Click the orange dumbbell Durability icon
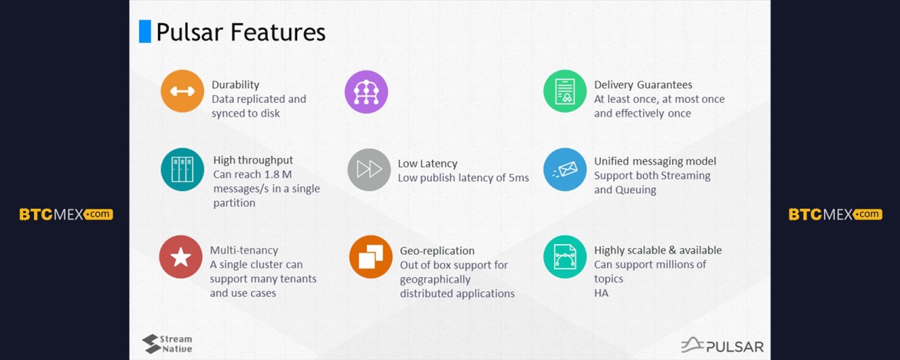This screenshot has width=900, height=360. point(183,91)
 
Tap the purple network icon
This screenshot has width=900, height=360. point(366,92)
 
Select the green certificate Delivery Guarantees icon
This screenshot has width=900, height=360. point(565,91)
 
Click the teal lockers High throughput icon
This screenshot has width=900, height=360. point(183,170)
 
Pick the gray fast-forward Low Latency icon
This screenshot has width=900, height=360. point(370,169)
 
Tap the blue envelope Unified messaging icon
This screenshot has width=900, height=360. point(565,169)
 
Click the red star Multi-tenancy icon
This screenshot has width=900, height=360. point(181,257)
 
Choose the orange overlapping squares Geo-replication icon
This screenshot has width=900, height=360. point(371,256)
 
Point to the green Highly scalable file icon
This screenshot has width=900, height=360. point(565,256)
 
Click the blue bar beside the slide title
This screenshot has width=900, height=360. point(145,31)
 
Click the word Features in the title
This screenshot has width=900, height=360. point(282,32)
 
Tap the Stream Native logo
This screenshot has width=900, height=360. point(167,343)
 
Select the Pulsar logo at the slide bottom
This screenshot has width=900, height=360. point(722,345)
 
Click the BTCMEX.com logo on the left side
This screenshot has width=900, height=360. point(66,214)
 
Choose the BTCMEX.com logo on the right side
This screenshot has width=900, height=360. point(835,214)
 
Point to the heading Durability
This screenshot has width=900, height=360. point(236,85)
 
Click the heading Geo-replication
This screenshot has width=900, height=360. point(437,251)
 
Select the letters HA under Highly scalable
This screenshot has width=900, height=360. point(601,293)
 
